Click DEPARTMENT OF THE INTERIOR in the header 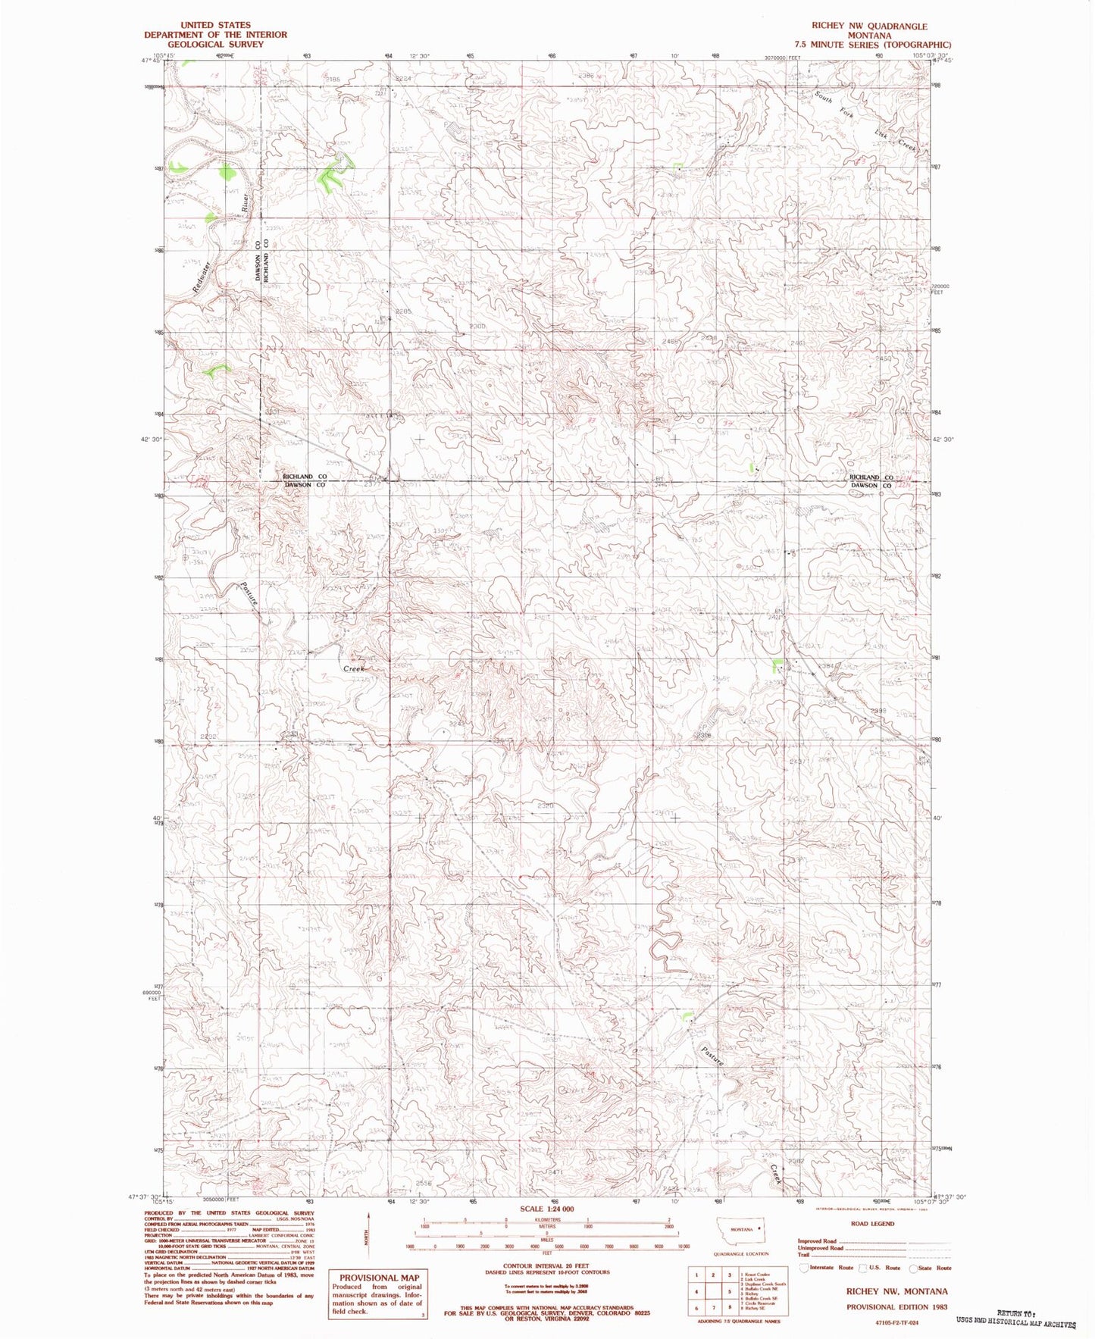tap(215, 35)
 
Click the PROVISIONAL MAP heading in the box tap(378, 1277)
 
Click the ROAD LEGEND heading tap(871, 1223)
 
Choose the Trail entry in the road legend tap(803, 1254)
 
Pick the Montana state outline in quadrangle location tap(742, 1229)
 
